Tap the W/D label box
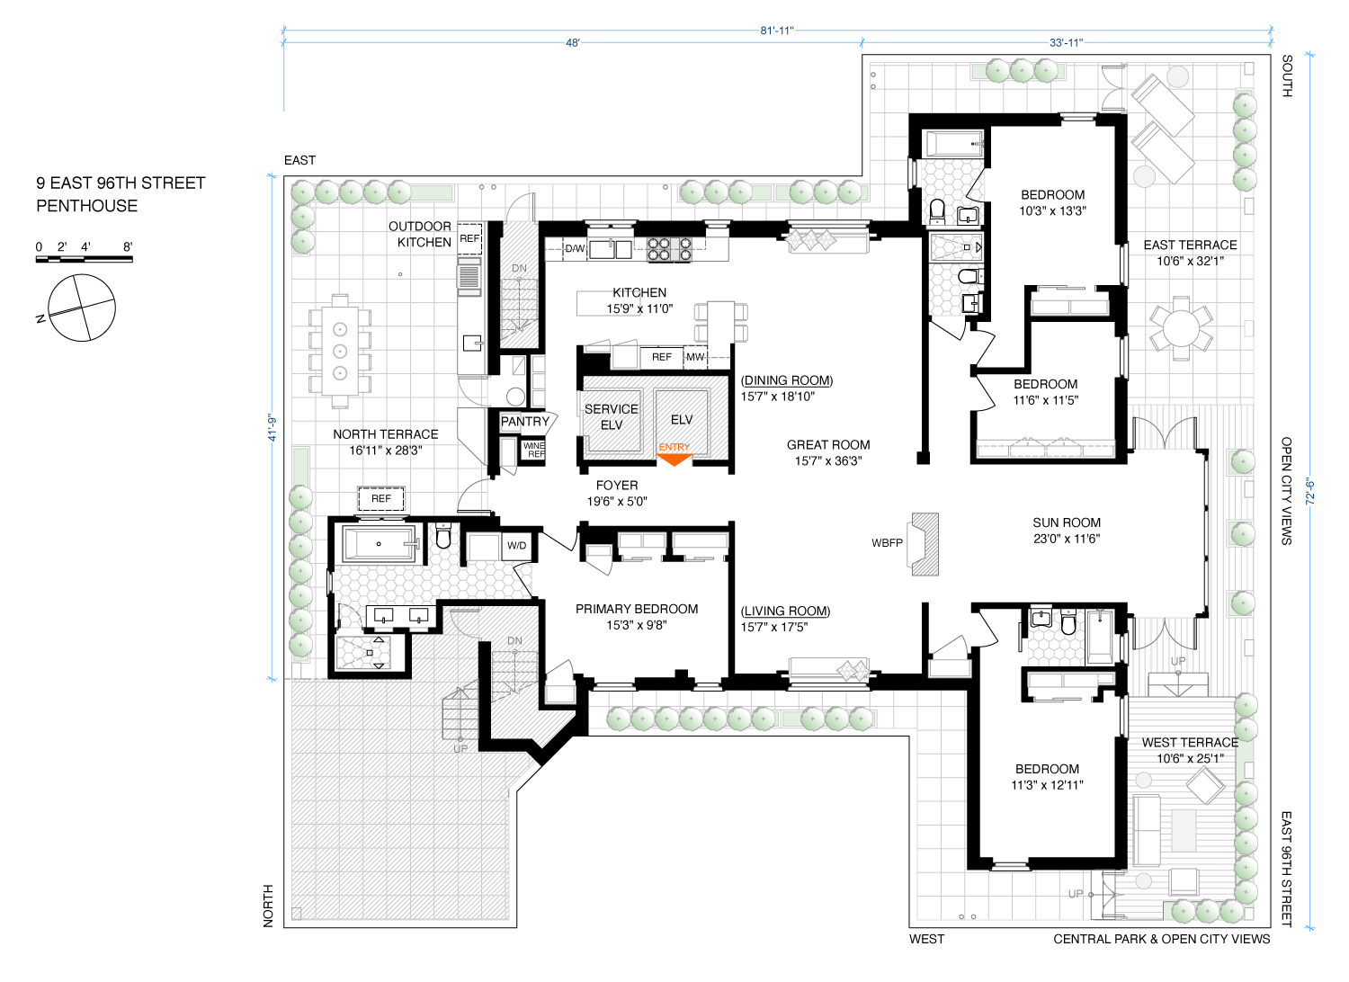point(516,546)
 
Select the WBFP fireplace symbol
point(924,544)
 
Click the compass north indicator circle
point(81,308)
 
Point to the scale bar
point(85,260)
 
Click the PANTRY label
point(525,422)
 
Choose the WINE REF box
point(533,450)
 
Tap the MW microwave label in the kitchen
point(695,357)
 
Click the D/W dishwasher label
point(575,249)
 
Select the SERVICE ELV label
point(612,416)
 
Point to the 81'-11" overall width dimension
point(777,30)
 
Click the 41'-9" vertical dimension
point(272,428)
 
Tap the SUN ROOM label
point(1067,522)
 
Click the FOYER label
point(617,486)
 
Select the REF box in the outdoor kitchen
point(469,238)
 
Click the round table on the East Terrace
point(1181,329)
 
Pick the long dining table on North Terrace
point(340,351)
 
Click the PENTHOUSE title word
point(86,206)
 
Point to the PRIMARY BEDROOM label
point(637,609)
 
